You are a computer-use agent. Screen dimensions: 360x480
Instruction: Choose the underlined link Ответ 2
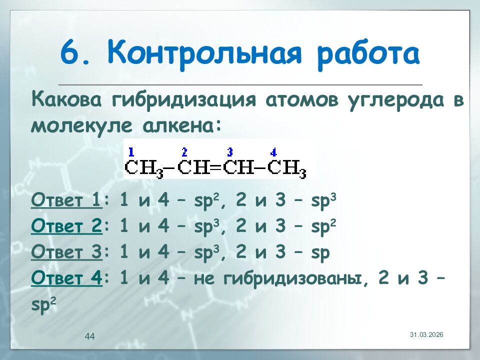[66, 227]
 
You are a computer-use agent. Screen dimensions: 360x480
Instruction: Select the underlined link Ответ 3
[66, 253]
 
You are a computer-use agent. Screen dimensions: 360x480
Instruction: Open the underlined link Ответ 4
[66, 278]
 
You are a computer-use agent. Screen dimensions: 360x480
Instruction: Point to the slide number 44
[90, 336]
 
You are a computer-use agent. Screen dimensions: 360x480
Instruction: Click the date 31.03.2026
[426, 334]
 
